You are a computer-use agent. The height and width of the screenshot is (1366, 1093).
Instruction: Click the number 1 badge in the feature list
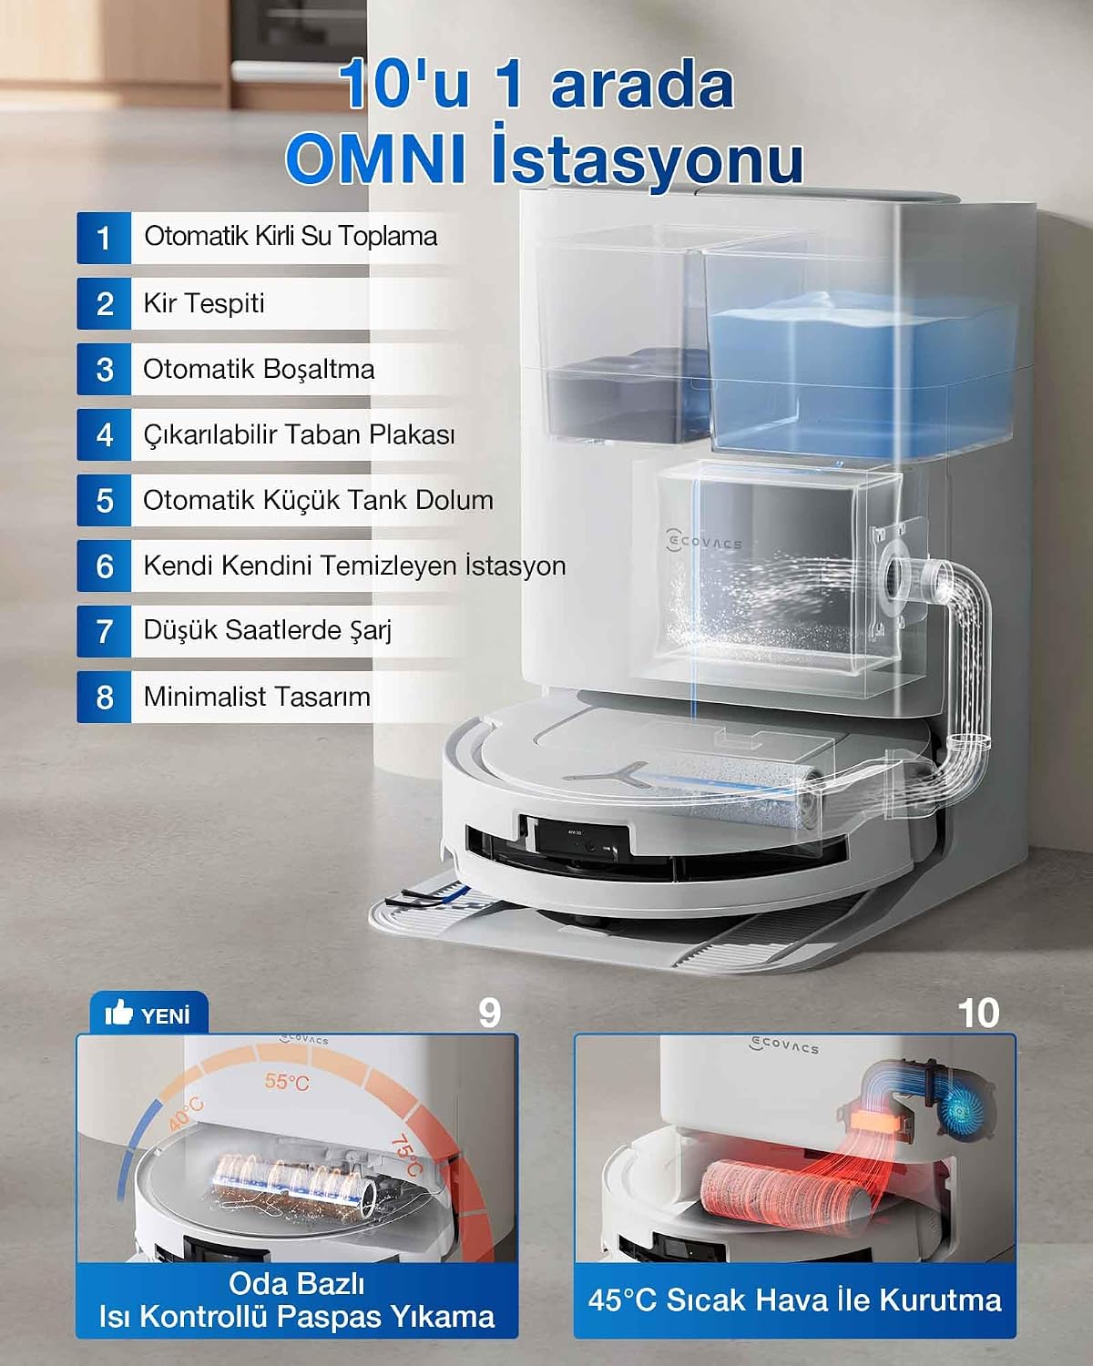(x=104, y=238)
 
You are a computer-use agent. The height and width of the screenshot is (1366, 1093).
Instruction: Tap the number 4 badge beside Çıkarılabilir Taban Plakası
(x=104, y=434)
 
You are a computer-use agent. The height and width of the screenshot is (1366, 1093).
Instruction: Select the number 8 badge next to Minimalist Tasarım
(x=104, y=697)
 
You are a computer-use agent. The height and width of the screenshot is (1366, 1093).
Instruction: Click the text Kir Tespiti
(x=204, y=303)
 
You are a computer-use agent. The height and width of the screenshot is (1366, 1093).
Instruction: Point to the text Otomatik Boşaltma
(x=259, y=370)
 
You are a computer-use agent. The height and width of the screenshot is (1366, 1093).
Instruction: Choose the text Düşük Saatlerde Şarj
(x=268, y=630)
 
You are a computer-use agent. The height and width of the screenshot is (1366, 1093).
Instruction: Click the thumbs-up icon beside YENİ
(x=118, y=1013)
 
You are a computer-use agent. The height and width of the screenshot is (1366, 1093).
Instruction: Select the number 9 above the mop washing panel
(x=490, y=1014)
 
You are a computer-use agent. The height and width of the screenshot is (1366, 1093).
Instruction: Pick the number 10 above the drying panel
(x=978, y=1014)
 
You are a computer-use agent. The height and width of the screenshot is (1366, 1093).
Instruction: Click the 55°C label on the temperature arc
(x=287, y=1082)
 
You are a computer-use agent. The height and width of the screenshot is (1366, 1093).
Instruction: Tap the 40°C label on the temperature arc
(x=187, y=1114)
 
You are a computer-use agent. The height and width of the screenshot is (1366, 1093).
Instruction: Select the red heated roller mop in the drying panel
(x=788, y=1191)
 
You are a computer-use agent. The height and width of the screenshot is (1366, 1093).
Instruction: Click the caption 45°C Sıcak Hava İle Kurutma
(x=794, y=1300)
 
